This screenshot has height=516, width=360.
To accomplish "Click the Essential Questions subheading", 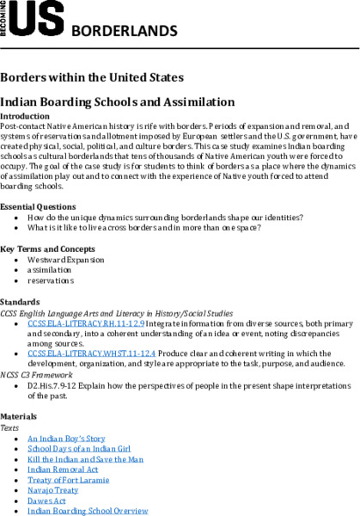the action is tap(38, 207).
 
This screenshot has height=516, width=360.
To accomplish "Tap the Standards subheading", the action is tap(19, 303).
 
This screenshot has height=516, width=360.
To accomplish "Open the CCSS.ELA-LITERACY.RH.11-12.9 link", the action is tap(84, 323).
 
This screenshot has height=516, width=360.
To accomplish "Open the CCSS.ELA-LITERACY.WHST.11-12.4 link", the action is tap(88, 353).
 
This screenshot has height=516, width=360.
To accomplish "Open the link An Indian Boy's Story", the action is tap(66, 439).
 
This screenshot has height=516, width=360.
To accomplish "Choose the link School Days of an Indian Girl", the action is tap(78, 449).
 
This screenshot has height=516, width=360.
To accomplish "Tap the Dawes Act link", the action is tap(46, 501).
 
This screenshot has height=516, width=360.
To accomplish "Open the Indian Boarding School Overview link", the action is tap(88, 511).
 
